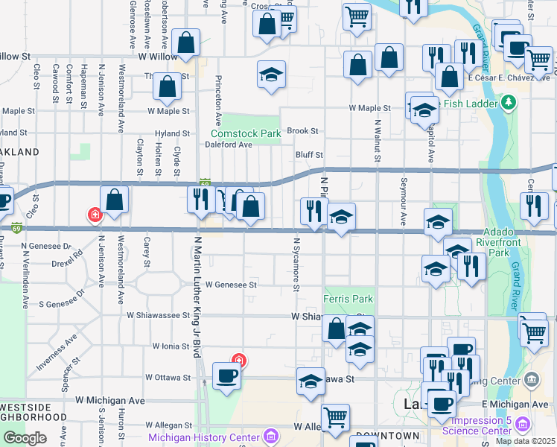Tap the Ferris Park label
click(x=348, y=299)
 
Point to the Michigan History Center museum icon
click(x=271, y=435)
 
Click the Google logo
click(x=25, y=438)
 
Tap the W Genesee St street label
click(x=231, y=284)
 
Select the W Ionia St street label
click(x=172, y=346)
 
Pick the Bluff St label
click(x=309, y=155)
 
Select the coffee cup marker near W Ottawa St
click(x=226, y=375)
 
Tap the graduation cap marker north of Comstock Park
click(x=272, y=74)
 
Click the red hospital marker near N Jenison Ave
click(x=95, y=216)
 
